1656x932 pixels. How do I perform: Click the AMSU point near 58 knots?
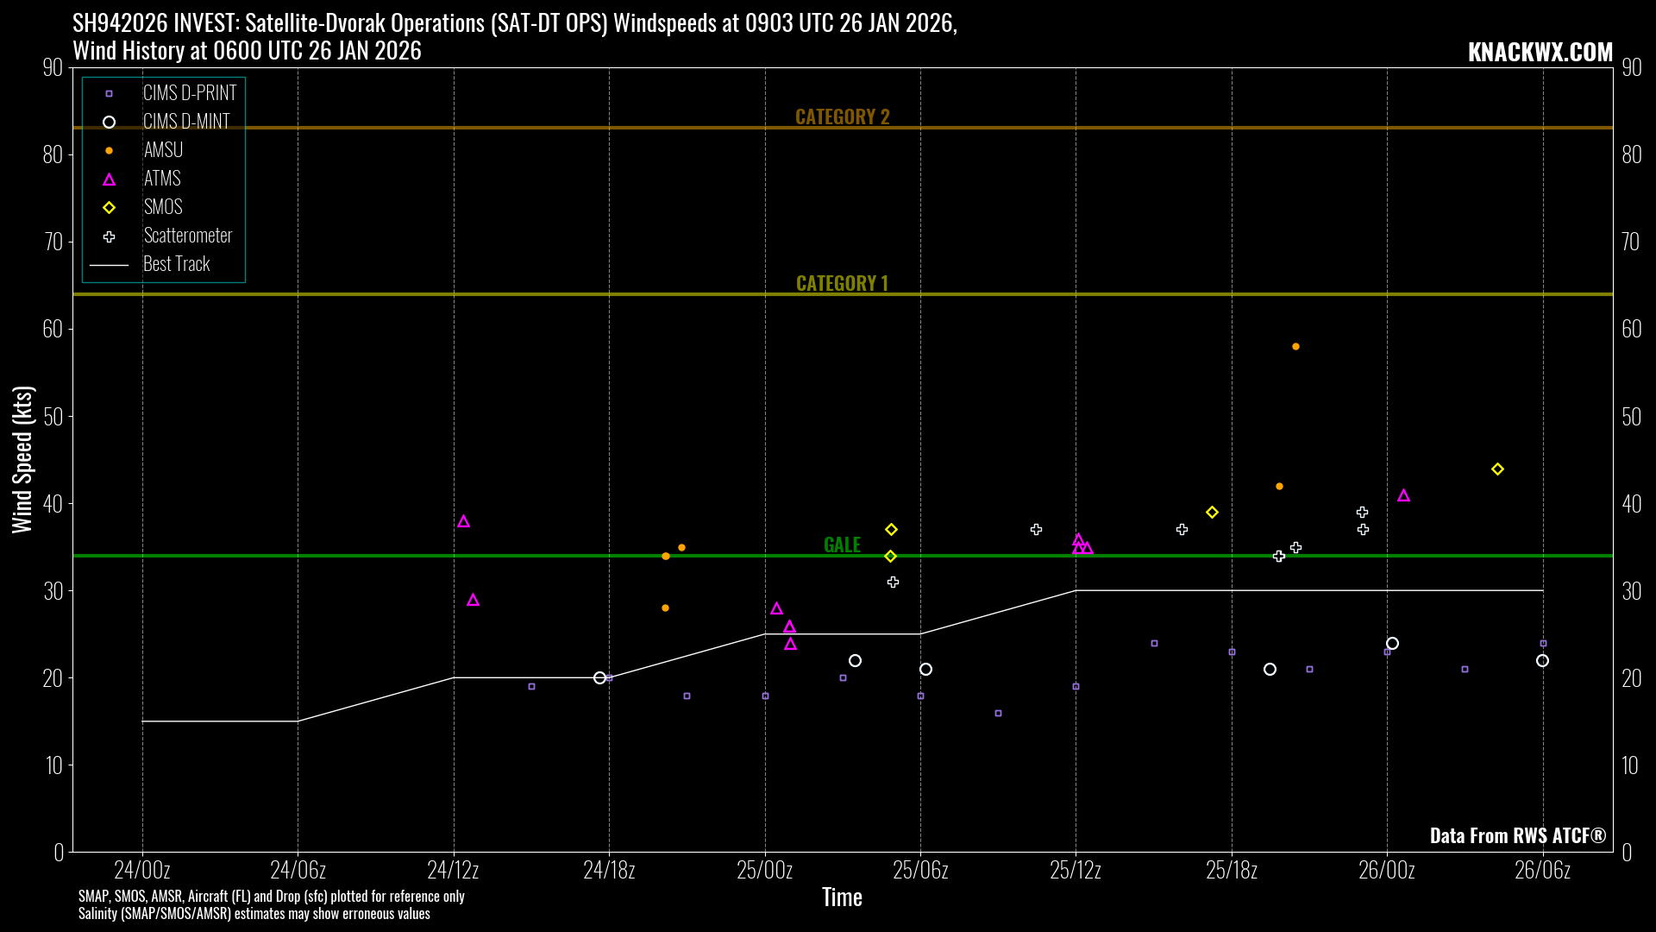point(1295,347)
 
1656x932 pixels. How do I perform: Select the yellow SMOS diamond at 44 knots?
point(1497,469)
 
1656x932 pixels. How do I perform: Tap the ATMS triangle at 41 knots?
point(1403,496)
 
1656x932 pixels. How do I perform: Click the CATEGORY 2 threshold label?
point(842,116)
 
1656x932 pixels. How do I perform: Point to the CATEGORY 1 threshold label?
point(842,283)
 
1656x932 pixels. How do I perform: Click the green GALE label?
point(842,545)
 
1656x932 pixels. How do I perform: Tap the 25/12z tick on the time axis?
point(1076,870)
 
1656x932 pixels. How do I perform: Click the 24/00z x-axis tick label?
point(142,870)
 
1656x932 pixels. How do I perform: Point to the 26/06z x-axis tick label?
point(1542,870)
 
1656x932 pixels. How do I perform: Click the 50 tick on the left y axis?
point(53,417)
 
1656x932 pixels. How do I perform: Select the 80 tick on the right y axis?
point(1631,154)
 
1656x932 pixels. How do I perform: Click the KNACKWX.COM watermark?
point(1540,52)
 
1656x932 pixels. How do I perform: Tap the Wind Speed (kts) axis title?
point(22,459)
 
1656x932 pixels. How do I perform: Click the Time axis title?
point(842,897)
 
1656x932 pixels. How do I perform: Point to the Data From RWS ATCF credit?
point(1517,835)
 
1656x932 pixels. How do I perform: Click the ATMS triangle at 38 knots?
point(463,522)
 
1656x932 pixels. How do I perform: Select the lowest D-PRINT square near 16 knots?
point(998,714)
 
